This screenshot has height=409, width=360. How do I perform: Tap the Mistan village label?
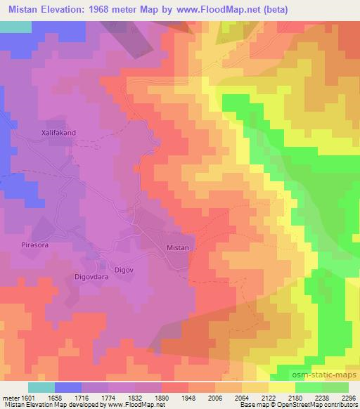[x=178, y=248]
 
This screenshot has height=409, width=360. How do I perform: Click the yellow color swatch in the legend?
[x=282, y=387]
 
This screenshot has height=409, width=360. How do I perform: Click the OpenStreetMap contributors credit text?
[x=317, y=405]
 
